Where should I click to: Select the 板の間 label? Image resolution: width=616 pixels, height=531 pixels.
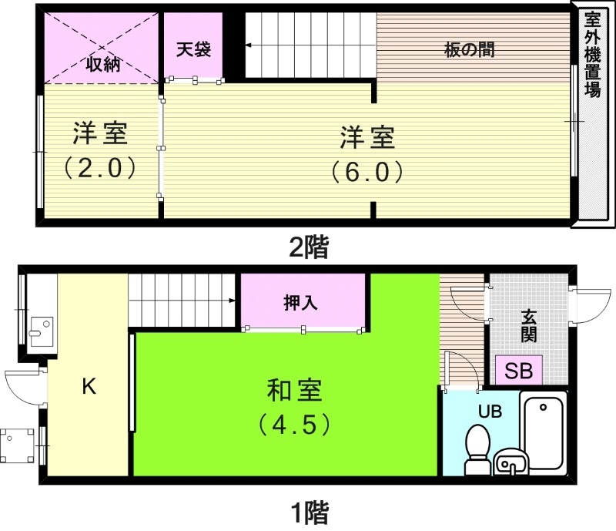[x=469, y=51]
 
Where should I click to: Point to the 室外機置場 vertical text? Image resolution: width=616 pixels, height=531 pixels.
[x=592, y=54]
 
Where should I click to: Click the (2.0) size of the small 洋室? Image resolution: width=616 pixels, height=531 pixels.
[x=100, y=167]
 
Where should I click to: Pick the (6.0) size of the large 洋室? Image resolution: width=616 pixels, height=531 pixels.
[x=367, y=171]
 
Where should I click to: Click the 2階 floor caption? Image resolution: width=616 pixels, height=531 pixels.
[x=308, y=247]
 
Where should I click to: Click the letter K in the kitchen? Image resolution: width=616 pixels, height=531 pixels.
[x=89, y=387]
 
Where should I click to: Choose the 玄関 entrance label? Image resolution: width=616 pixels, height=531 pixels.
[x=528, y=324]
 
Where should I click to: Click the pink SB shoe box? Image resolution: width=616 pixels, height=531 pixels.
[x=518, y=370]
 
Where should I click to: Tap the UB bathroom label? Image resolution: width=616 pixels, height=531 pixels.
[x=490, y=411]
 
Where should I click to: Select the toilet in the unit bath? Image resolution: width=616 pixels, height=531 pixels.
[x=478, y=449]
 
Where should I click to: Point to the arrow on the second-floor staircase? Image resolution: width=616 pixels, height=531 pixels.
[x=249, y=46]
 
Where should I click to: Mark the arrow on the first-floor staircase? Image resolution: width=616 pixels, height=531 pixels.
[x=232, y=301]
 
